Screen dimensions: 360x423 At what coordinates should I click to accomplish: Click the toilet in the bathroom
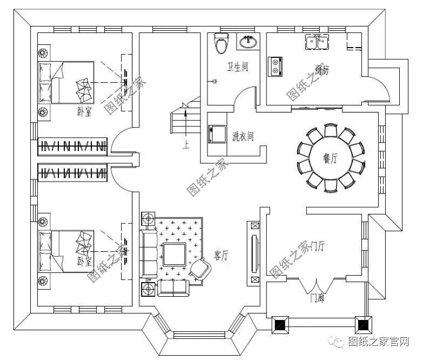[x=220, y=43]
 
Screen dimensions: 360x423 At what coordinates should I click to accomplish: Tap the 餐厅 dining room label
[x=331, y=158]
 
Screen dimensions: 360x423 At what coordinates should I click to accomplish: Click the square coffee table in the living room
[x=174, y=254]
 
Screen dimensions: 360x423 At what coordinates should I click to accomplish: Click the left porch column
[x=280, y=325]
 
